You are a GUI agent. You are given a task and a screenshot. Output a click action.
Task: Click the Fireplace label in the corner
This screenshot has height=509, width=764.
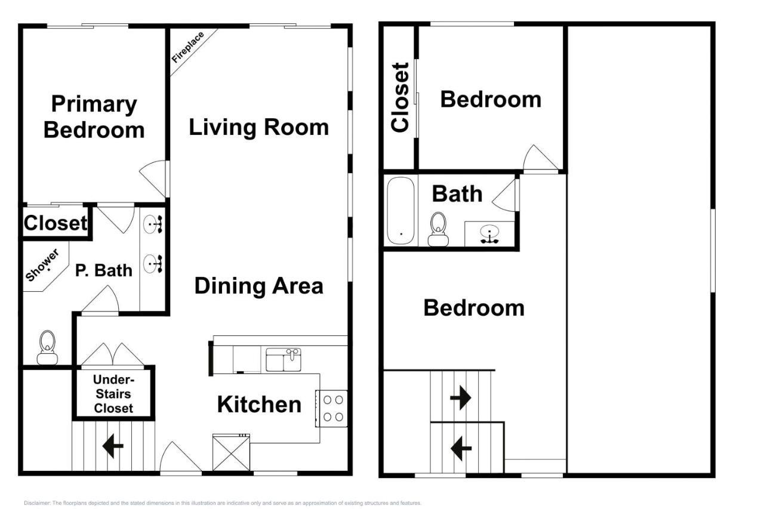point(188,48)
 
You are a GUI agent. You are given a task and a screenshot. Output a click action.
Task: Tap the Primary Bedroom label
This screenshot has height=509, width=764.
point(94,116)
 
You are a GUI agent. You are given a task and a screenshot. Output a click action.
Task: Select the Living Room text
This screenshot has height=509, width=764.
point(258,127)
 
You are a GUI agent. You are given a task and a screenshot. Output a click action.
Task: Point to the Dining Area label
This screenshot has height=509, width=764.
point(258,286)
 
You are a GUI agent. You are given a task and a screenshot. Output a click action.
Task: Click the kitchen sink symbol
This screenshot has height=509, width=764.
point(283,360)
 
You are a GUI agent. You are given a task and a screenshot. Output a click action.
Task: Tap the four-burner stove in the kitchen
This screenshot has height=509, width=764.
point(331,408)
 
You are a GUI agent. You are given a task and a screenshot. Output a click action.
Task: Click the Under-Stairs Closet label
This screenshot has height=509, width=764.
point(113,394)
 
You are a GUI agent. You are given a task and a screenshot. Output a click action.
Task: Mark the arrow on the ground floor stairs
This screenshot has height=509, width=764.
point(113,446)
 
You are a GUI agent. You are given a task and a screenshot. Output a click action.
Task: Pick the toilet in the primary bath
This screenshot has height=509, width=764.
point(48,347)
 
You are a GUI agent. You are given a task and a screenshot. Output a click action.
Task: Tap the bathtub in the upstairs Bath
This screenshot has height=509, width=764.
point(401,211)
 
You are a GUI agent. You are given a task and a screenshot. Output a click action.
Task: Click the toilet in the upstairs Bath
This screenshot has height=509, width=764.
point(439,229)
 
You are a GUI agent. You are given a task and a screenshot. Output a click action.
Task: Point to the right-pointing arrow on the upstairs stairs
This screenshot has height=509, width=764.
point(460,398)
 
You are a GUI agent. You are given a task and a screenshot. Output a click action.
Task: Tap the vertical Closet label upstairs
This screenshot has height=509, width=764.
point(400,97)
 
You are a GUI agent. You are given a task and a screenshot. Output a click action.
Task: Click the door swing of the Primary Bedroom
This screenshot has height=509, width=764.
point(153,178)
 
